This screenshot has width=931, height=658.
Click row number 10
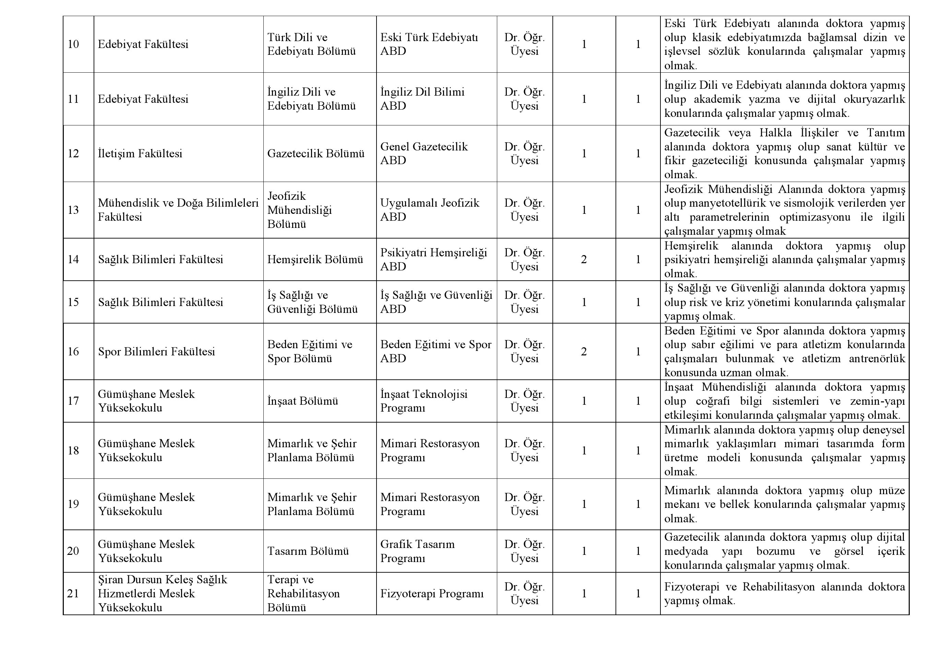tap(73, 44)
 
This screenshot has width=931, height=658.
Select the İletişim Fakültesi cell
tap(140, 154)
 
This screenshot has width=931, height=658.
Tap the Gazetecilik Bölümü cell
tap(315, 154)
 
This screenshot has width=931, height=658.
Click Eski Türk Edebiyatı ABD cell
tap(429, 44)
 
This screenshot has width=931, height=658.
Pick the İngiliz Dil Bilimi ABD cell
tap(422, 99)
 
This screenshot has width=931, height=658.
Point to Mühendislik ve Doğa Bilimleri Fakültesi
tap(178, 210)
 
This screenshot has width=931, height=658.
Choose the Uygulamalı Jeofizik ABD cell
tap(429, 210)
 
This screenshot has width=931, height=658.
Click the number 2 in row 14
tap(584, 259)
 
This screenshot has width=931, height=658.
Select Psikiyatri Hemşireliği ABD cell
tap(433, 259)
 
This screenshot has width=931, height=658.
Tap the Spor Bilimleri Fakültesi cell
tap(156, 351)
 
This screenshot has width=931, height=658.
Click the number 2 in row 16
tap(584, 351)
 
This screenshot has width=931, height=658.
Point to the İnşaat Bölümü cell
tap(302, 401)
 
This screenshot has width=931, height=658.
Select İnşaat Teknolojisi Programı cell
tap(423, 401)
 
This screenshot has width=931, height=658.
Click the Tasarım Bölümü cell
tap(308, 551)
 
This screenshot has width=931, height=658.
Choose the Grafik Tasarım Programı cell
tap(417, 551)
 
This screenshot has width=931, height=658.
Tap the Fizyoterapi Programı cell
tap(432, 594)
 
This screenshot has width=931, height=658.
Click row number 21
tap(73, 594)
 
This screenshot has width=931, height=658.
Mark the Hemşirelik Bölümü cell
tap(315, 259)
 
